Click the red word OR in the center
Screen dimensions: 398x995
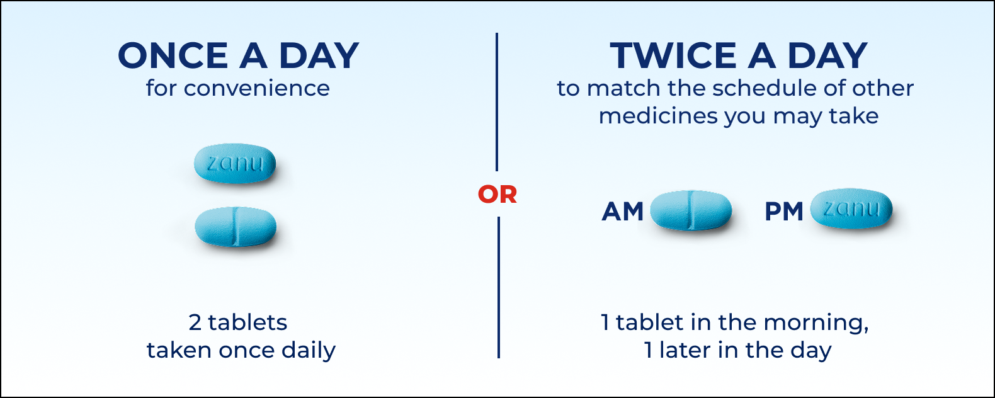497,195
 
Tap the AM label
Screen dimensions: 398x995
622,212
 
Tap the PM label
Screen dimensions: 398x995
783,212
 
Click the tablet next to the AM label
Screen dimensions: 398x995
691,210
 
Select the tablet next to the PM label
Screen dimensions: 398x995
851,208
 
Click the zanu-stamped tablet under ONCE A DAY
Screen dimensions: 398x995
235,164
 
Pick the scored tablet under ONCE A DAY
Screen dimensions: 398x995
236,227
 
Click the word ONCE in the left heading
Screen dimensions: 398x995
173,56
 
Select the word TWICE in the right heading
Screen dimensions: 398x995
673,56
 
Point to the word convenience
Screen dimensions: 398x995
256,88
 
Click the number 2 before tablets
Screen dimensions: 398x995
195,322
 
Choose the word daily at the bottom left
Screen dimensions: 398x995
308,350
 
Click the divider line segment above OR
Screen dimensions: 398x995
497,101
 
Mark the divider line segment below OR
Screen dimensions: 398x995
498,287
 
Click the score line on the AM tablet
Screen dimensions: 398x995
690,210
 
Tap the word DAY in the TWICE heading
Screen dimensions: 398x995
827,56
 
